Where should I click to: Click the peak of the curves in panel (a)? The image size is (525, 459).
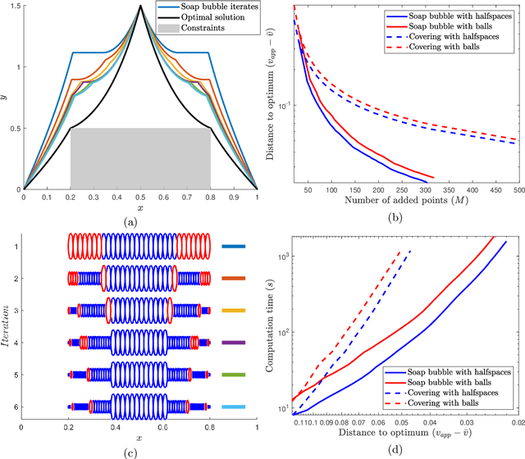coord(140,7)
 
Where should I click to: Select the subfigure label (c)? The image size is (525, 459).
coord(140,448)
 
